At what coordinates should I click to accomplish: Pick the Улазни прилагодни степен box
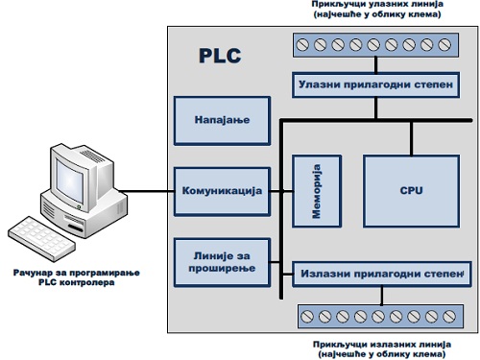click(x=385, y=86)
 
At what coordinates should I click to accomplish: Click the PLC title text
click(x=220, y=55)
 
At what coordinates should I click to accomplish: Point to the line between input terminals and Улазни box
click(x=385, y=65)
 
